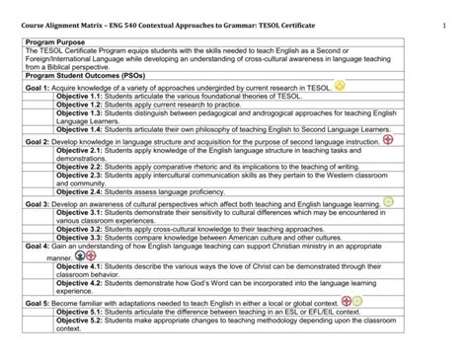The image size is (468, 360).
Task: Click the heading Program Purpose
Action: click(53, 45)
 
